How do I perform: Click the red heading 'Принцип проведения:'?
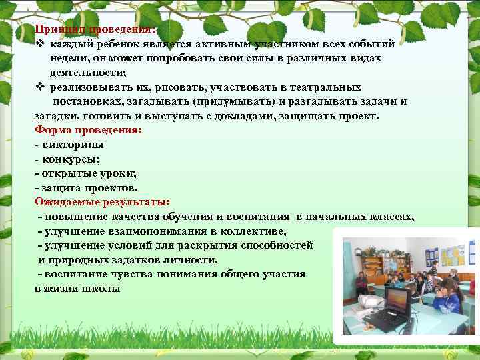(95, 30)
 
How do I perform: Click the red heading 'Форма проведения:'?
(88, 130)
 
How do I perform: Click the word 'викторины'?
(73, 145)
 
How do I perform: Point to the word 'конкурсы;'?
(71, 159)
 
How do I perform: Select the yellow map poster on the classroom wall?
(453, 256)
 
